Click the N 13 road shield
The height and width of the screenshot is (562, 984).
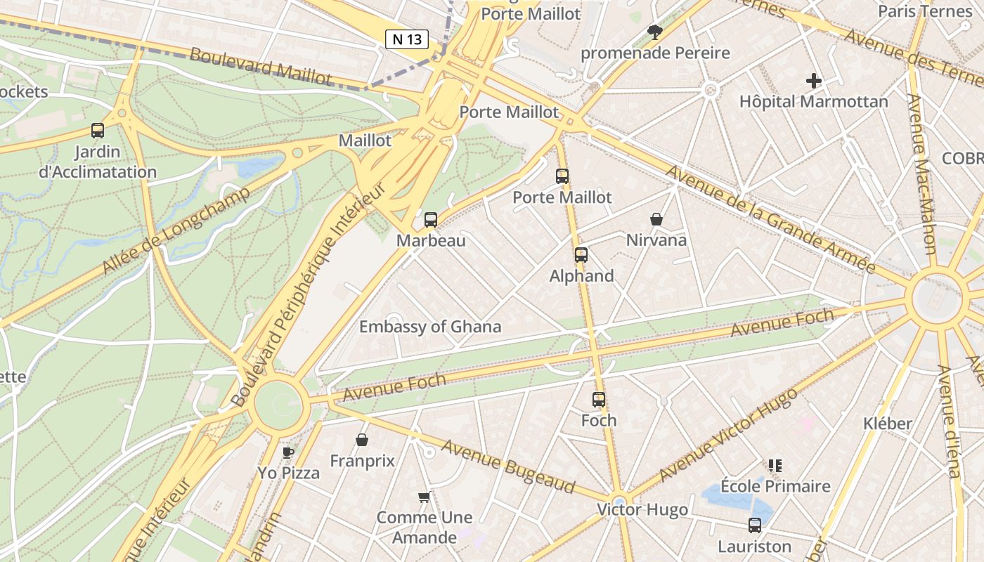[407, 39]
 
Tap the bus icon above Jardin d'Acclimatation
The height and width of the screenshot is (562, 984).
[98, 131]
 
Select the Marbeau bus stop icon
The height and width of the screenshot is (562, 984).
[431, 220]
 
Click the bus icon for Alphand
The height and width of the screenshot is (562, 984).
[581, 255]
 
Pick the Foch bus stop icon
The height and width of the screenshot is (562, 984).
[599, 400]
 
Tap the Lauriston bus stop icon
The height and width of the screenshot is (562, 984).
[755, 525]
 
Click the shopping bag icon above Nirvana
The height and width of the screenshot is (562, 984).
[656, 220]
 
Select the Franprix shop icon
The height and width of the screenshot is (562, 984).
[362, 440]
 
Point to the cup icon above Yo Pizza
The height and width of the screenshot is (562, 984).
[287, 452]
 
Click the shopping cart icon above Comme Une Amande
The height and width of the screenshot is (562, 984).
[424, 497]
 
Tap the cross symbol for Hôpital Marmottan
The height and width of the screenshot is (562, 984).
[814, 81]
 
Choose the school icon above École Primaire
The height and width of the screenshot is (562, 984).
[775, 466]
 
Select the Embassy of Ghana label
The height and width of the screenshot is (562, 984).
[430, 327]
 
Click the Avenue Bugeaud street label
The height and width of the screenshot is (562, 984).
[508, 466]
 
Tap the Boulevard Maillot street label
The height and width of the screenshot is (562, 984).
[260, 66]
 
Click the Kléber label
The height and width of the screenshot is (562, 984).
[888, 424]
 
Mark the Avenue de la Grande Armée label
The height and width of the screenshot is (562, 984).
[770, 219]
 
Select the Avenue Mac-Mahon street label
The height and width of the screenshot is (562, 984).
[921, 176]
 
